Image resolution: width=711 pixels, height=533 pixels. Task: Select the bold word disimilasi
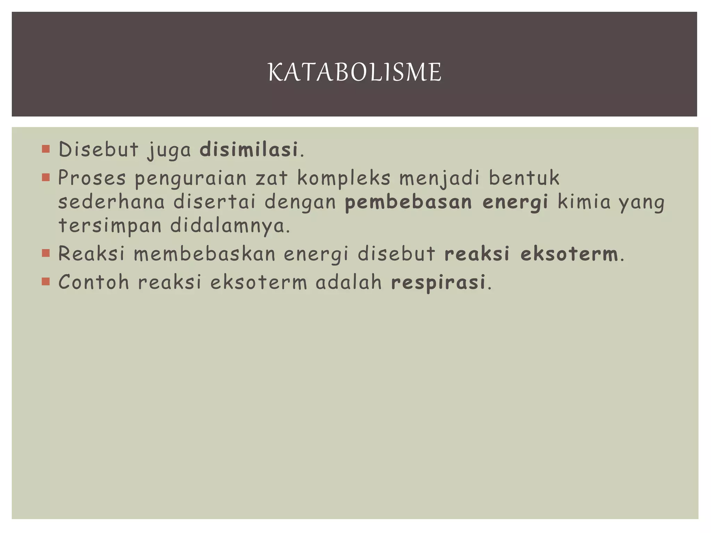coord(249,150)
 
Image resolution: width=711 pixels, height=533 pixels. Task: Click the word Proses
coord(92,178)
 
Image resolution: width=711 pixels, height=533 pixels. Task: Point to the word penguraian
coord(190,178)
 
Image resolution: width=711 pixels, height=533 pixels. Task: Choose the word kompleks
coord(344,178)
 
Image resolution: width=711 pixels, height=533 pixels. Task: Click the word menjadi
coord(439,178)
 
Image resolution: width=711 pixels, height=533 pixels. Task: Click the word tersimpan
coord(110,226)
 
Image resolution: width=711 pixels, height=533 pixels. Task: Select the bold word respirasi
coord(438,282)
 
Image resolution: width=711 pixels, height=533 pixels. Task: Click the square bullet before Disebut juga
coord(45,149)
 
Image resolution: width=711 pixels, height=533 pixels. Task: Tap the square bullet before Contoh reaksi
coord(45,281)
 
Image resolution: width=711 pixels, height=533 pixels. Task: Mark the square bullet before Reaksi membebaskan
coord(45,253)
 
